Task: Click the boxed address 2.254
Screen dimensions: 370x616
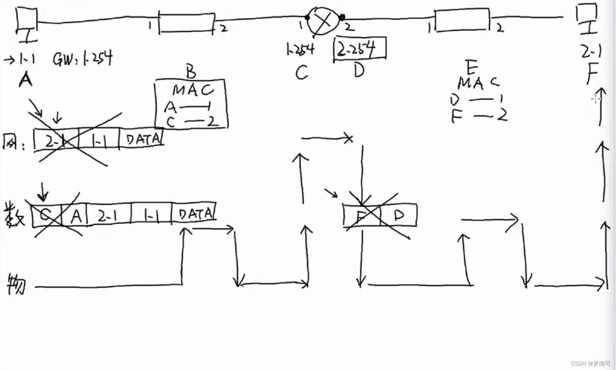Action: (359, 49)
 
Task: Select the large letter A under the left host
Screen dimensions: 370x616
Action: (25, 80)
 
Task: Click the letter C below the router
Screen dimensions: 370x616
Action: (301, 73)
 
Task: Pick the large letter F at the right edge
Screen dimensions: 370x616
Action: (592, 73)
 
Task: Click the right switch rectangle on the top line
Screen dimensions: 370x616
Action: (462, 21)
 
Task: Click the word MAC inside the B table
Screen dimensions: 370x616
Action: (192, 90)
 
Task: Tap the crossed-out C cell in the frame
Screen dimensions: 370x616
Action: (46, 216)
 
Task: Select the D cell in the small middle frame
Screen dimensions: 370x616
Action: (399, 215)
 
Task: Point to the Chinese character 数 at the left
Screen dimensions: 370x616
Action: (14, 215)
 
